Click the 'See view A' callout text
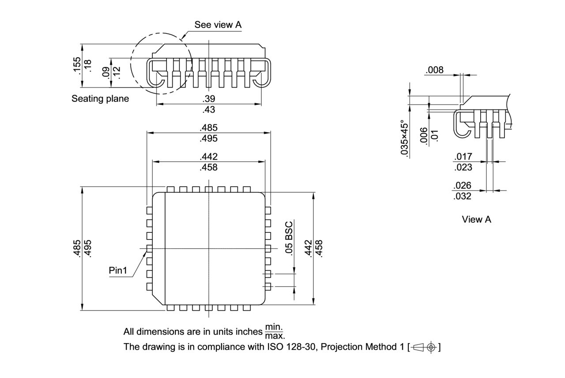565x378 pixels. [x=218, y=25]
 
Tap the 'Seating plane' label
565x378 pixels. [x=100, y=99]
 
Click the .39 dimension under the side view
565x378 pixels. [x=209, y=99]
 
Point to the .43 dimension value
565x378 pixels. [x=209, y=109]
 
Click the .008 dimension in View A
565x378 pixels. [x=434, y=70]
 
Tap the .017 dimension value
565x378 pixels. [x=463, y=156]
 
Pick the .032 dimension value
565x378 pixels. [x=463, y=196]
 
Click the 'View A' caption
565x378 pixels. [x=476, y=219]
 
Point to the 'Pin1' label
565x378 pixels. [x=118, y=270]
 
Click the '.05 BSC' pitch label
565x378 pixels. [x=289, y=238]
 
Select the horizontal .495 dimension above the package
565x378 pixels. [x=209, y=138]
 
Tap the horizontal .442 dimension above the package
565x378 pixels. [x=209, y=157]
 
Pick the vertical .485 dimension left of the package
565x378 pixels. [x=77, y=248]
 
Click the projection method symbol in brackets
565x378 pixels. [x=425, y=347]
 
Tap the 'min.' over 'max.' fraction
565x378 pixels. [x=274, y=332]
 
